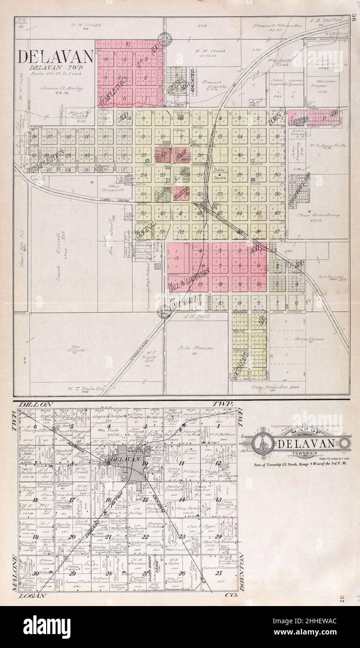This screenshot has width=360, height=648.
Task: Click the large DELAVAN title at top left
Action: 56,57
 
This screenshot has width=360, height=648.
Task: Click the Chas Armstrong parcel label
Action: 318,216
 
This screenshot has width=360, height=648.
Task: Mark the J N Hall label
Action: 192,317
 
